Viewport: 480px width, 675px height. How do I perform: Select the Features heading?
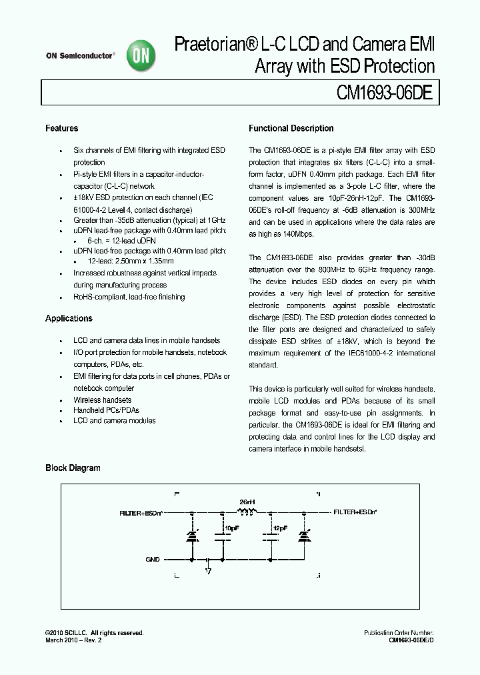61,128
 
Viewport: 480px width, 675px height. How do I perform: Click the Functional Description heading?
291,128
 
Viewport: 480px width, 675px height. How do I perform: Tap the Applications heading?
69,318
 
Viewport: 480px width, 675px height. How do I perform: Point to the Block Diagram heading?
73,468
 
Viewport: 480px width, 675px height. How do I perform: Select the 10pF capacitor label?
231,528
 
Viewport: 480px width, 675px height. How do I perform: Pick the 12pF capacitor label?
280,528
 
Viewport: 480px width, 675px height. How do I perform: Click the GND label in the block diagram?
153,560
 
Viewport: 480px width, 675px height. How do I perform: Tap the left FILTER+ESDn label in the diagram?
142,513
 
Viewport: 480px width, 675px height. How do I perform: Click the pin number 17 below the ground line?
209,571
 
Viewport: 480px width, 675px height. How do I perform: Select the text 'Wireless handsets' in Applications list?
102,400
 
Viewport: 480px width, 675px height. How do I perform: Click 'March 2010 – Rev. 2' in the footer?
74,640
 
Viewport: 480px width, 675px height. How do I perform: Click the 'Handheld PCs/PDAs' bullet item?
106,410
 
